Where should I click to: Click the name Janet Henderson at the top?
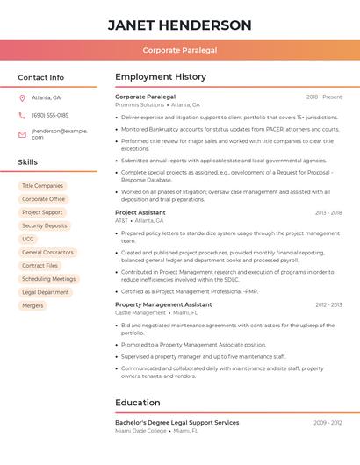(x=179, y=25)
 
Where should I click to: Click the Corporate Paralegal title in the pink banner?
(x=179, y=50)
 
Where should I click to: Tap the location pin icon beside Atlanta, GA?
(x=22, y=97)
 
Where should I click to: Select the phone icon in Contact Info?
(x=22, y=115)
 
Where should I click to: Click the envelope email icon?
(x=22, y=134)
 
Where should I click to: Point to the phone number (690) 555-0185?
(x=50, y=115)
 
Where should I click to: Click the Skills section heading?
(x=28, y=162)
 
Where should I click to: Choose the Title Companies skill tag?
(x=42, y=186)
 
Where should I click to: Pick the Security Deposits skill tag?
(x=44, y=225)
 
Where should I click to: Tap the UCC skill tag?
(x=28, y=239)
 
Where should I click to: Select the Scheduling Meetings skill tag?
(x=48, y=279)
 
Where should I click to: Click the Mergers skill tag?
(x=32, y=305)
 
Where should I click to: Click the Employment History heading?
(x=161, y=77)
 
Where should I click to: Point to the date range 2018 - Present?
(x=324, y=97)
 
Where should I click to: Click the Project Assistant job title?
(x=140, y=212)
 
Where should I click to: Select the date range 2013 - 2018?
(x=328, y=212)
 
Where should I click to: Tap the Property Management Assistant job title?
(x=162, y=304)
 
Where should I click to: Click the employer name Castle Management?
(x=140, y=312)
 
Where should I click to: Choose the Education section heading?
(x=137, y=403)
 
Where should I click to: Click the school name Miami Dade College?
(x=140, y=431)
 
